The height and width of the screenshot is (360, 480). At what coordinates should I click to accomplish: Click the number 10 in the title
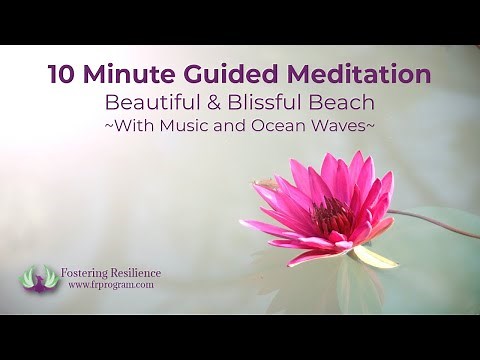tap(63, 75)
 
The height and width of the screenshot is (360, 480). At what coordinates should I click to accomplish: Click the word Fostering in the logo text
tap(91, 273)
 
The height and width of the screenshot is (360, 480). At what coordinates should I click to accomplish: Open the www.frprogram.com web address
tap(111, 285)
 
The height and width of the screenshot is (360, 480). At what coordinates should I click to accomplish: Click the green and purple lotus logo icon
tap(41, 277)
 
